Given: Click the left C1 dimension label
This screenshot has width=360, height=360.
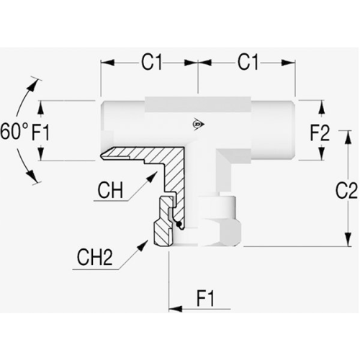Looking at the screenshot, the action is pos(152,62).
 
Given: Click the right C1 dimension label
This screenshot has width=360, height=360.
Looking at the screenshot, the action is pos(248,62).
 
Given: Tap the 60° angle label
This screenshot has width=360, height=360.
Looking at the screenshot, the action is pos(14,132).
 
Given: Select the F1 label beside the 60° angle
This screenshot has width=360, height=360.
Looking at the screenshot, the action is pos(40,132).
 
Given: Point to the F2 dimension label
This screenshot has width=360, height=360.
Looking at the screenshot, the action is pos(320,132).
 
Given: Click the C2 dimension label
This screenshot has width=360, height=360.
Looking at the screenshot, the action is pos(346,190).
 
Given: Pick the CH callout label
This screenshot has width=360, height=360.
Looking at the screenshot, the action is pos(110,190).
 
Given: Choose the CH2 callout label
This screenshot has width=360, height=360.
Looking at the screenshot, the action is pos(95,257).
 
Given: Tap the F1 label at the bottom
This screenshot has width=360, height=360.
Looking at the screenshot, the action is pos(206,298).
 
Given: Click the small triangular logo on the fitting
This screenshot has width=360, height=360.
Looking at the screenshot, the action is pos(198,125).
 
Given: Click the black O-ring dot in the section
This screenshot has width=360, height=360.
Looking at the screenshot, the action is pos(179,224).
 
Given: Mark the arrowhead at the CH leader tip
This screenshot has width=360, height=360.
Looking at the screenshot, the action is pos(153,176).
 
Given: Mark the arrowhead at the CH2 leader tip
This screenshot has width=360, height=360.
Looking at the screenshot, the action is pos(143,246).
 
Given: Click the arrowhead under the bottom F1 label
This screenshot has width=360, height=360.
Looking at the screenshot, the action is pos(176,309).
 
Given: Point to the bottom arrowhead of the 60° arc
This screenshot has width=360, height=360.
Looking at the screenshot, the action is pos(32,176).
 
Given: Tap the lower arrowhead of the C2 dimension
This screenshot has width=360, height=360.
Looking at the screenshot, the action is pos(348,239).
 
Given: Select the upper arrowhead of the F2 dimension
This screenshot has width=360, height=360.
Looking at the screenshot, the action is pos(322,107).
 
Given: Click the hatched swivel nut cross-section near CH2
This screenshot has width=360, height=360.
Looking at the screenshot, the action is pos(163,222).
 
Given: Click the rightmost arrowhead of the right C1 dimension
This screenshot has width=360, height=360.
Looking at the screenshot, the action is pos(288,63).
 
